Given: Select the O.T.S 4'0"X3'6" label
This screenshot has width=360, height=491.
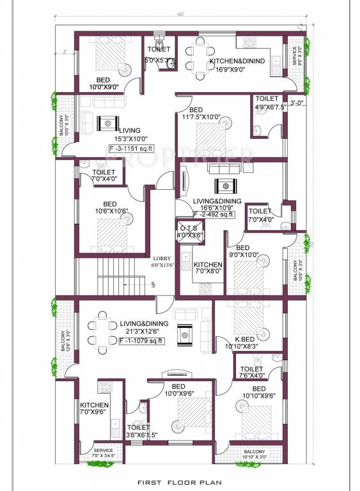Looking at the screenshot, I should (x=191, y=232).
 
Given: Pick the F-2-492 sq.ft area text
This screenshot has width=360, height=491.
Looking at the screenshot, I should (x=217, y=214).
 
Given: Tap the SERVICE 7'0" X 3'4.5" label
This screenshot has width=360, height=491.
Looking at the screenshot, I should (x=103, y=453).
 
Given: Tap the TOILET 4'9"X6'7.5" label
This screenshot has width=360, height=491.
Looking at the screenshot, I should (x=266, y=102).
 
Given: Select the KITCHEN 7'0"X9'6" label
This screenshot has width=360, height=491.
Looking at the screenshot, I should (x=93, y=409).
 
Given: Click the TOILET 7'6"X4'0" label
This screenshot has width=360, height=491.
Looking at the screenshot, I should (x=251, y=372).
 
